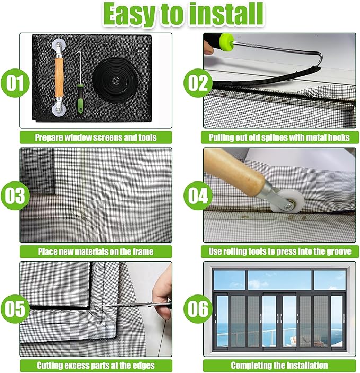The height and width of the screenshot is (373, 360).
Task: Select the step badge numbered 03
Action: (15, 196)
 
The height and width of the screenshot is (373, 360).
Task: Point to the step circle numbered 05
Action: (15, 308)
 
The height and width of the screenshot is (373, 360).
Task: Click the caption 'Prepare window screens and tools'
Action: (96, 137)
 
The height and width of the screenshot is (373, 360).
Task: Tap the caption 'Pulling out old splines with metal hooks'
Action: (279, 137)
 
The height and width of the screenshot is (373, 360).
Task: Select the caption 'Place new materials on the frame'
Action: (96, 251)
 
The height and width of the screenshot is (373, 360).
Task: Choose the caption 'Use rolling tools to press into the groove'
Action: (279, 251)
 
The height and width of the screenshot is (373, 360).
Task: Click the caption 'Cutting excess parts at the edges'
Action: (96, 365)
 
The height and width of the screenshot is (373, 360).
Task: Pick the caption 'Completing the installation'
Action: (279, 365)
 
